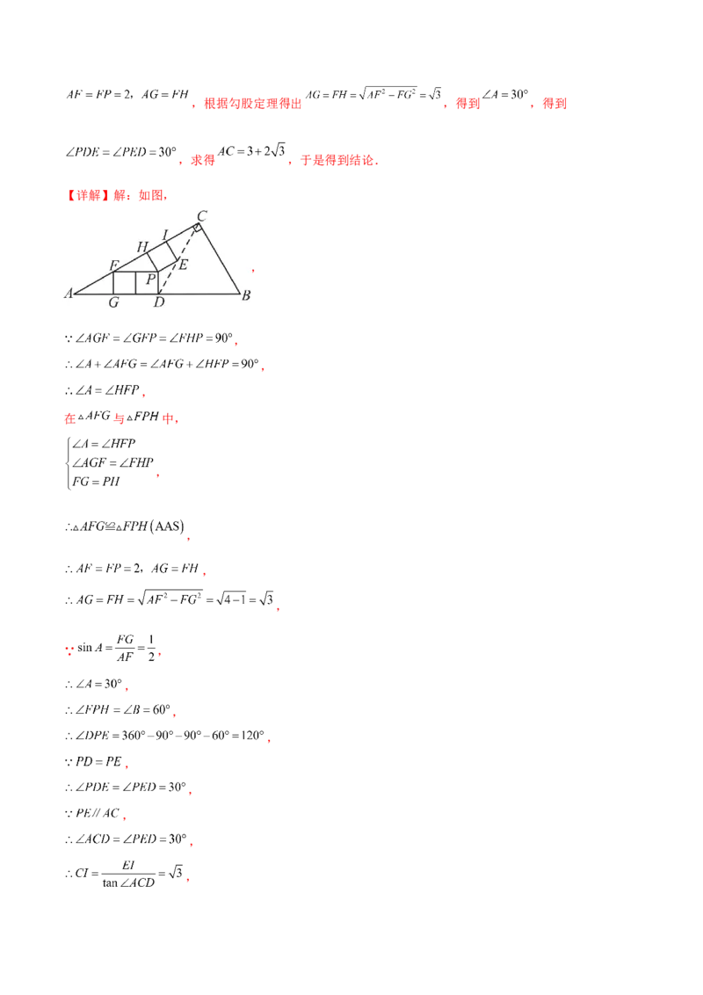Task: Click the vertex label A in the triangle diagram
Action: tap(67, 294)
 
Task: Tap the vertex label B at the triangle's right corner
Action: tap(247, 295)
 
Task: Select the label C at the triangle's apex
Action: tap(201, 214)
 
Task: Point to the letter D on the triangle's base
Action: tap(158, 303)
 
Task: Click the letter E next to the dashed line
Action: tap(183, 264)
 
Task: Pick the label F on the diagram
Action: tap(113, 265)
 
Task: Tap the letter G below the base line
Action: tap(113, 303)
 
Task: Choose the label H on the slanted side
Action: tap(141, 248)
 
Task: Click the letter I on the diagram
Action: tap(165, 234)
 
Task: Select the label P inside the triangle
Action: tap(150, 280)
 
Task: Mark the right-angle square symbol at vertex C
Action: tap(198, 229)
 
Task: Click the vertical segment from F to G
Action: tap(114, 283)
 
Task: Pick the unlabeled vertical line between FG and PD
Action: tap(135, 283)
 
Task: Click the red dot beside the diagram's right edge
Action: tap(254, 272)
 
